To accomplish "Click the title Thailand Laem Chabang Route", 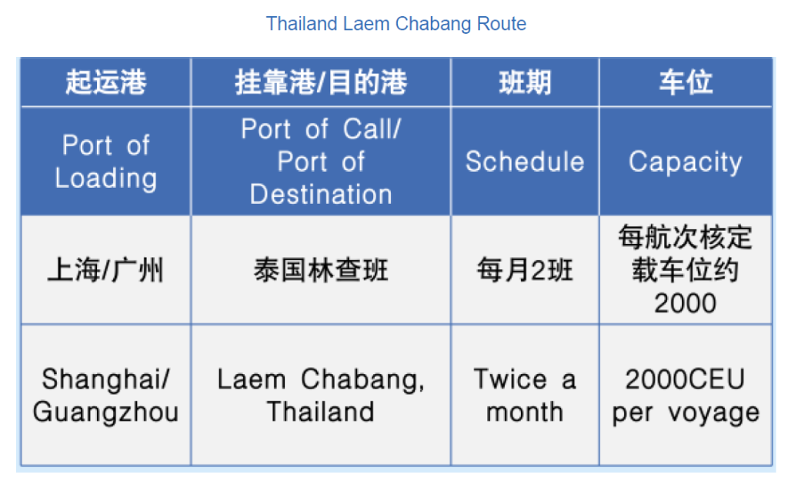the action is coord(396,24).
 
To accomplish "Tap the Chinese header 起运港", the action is coord(106,82).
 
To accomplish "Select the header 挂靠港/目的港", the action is coord(321,82).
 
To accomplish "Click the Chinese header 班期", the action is coord(525,82).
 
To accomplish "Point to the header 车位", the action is coord(686,82).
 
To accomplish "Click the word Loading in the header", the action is coord(106,179).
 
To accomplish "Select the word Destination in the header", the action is coord(321,195).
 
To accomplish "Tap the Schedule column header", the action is coord(525,162).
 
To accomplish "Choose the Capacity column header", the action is coord(686,162).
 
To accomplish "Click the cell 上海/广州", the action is coord(105,270).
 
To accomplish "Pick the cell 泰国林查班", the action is coord(321,270).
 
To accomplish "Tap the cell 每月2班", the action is coord(525,270).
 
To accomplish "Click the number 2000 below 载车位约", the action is coord(686,303).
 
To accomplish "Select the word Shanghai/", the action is coord(106,379).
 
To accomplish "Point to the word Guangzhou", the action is coord(106,413).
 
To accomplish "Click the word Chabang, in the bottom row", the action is coord(363,380).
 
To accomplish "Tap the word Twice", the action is coord(510,379).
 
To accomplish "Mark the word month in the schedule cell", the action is coord(525,413).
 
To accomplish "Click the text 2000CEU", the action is coord(686,379).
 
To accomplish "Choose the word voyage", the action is coord(713,413).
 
